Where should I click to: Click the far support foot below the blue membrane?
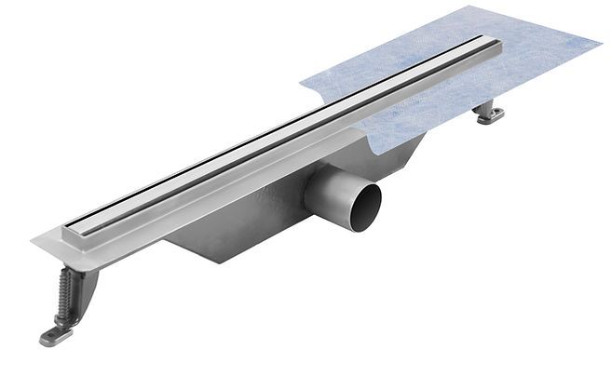489,113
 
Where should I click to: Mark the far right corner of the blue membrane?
600,42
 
